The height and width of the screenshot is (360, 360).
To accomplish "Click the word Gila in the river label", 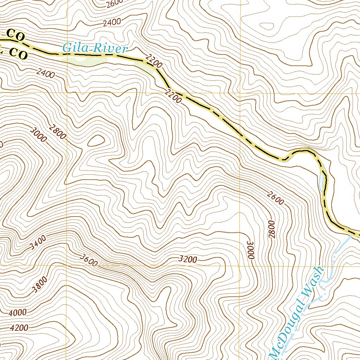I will click(x=74, y=48).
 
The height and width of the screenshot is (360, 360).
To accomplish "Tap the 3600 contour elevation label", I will click(x=88, y=261).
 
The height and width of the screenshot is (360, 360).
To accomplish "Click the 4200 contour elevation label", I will click(x=19, y=328).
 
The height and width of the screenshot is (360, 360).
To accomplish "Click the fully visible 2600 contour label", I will click(x=275, y=198).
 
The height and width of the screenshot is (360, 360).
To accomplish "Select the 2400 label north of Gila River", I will click(x=112, y=22).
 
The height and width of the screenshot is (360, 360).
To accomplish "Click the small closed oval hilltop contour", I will click(x=96, y=141).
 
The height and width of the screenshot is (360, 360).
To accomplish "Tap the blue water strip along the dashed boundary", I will click(x=321, y=178).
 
